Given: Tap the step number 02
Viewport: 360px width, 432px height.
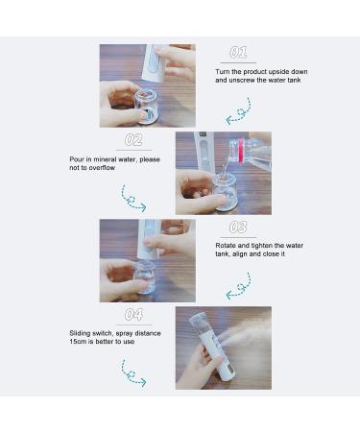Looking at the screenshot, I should pos(133,140).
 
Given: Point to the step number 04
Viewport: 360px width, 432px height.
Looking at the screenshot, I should pos(133,315).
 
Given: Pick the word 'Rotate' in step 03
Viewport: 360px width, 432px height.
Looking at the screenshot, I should pos(227,246).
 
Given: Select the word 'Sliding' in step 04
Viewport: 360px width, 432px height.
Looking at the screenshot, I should pos(111,333).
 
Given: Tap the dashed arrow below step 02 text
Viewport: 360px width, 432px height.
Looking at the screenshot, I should pos(133,198).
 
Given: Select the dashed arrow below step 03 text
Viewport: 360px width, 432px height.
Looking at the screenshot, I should pos(238,286).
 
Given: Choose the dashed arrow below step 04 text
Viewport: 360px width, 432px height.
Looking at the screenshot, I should pos(133,373).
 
